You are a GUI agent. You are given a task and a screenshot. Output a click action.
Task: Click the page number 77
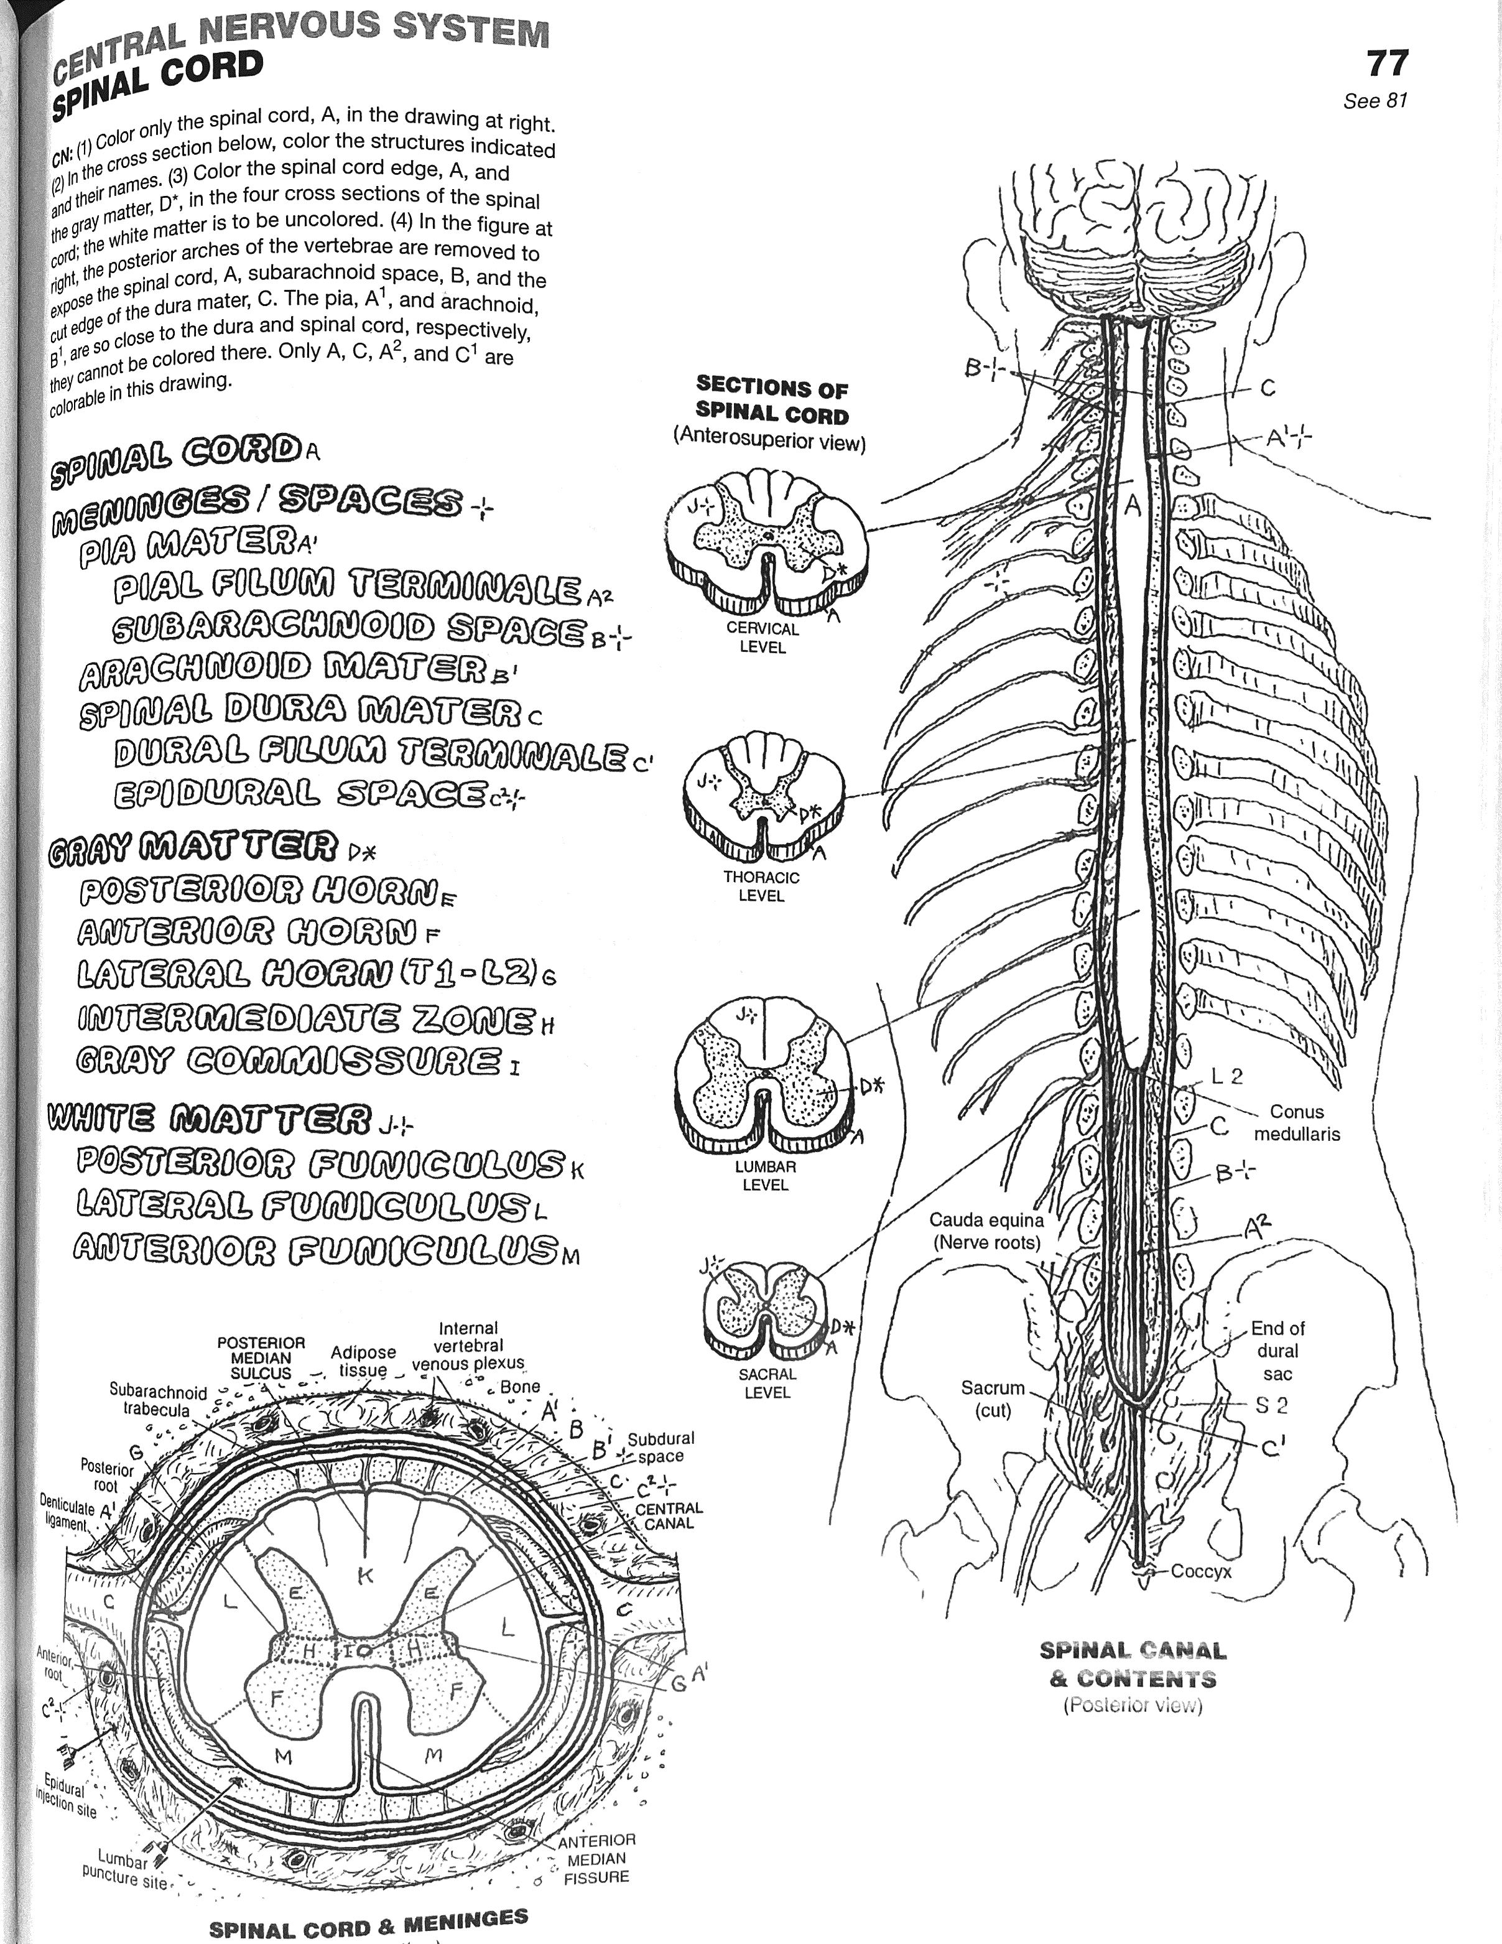[1386, 64]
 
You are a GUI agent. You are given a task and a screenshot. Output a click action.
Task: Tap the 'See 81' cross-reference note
[1375, 101]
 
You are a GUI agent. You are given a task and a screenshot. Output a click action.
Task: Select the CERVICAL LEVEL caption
[763, 637]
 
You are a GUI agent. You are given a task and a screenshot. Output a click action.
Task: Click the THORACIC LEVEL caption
[761, 886]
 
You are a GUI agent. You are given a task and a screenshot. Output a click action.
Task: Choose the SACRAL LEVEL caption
[767, 1382]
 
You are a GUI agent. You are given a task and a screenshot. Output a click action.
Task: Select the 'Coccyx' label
[1200, 1571]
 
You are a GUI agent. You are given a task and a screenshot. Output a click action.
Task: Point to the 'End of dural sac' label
[1277, 1351]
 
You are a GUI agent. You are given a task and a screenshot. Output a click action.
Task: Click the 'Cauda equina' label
[986, 1230]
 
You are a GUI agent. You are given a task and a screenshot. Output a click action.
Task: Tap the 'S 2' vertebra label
[1271, 1405]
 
